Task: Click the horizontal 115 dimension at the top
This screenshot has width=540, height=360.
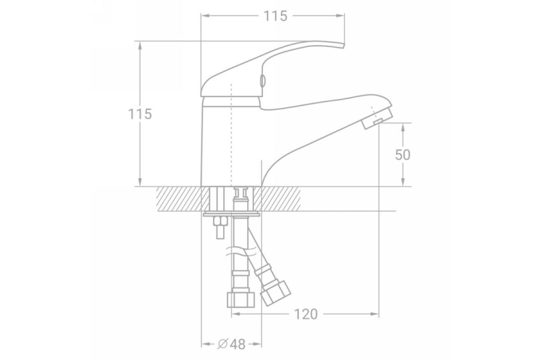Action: click(x=275, y=16)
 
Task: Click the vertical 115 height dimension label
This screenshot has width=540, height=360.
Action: click(x=140, y=114)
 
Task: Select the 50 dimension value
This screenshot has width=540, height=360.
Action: click(x=403, y=155)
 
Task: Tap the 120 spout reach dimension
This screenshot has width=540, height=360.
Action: click(x=306, y=314)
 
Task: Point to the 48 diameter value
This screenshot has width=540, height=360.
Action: click(x=238, y=344)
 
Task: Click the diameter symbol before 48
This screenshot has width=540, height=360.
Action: click(x=222, y=344)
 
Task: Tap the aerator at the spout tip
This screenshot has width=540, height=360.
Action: click(x=377, y=119)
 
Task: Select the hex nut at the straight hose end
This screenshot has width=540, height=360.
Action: click(x=241, y=300)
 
